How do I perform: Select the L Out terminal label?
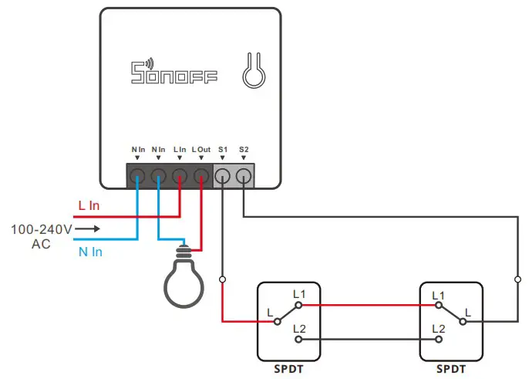200,148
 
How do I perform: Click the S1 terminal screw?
223,175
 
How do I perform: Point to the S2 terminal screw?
244,175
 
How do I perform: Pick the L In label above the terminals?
180,148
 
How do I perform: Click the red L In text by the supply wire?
89,206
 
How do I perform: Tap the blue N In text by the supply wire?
89,252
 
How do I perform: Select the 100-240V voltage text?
42,229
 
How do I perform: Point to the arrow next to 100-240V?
88,229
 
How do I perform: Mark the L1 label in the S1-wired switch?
299,295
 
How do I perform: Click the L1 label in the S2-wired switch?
439,295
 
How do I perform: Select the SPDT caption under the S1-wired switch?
288,369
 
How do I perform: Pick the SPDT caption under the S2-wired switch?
450,369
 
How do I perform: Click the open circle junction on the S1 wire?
223,279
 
